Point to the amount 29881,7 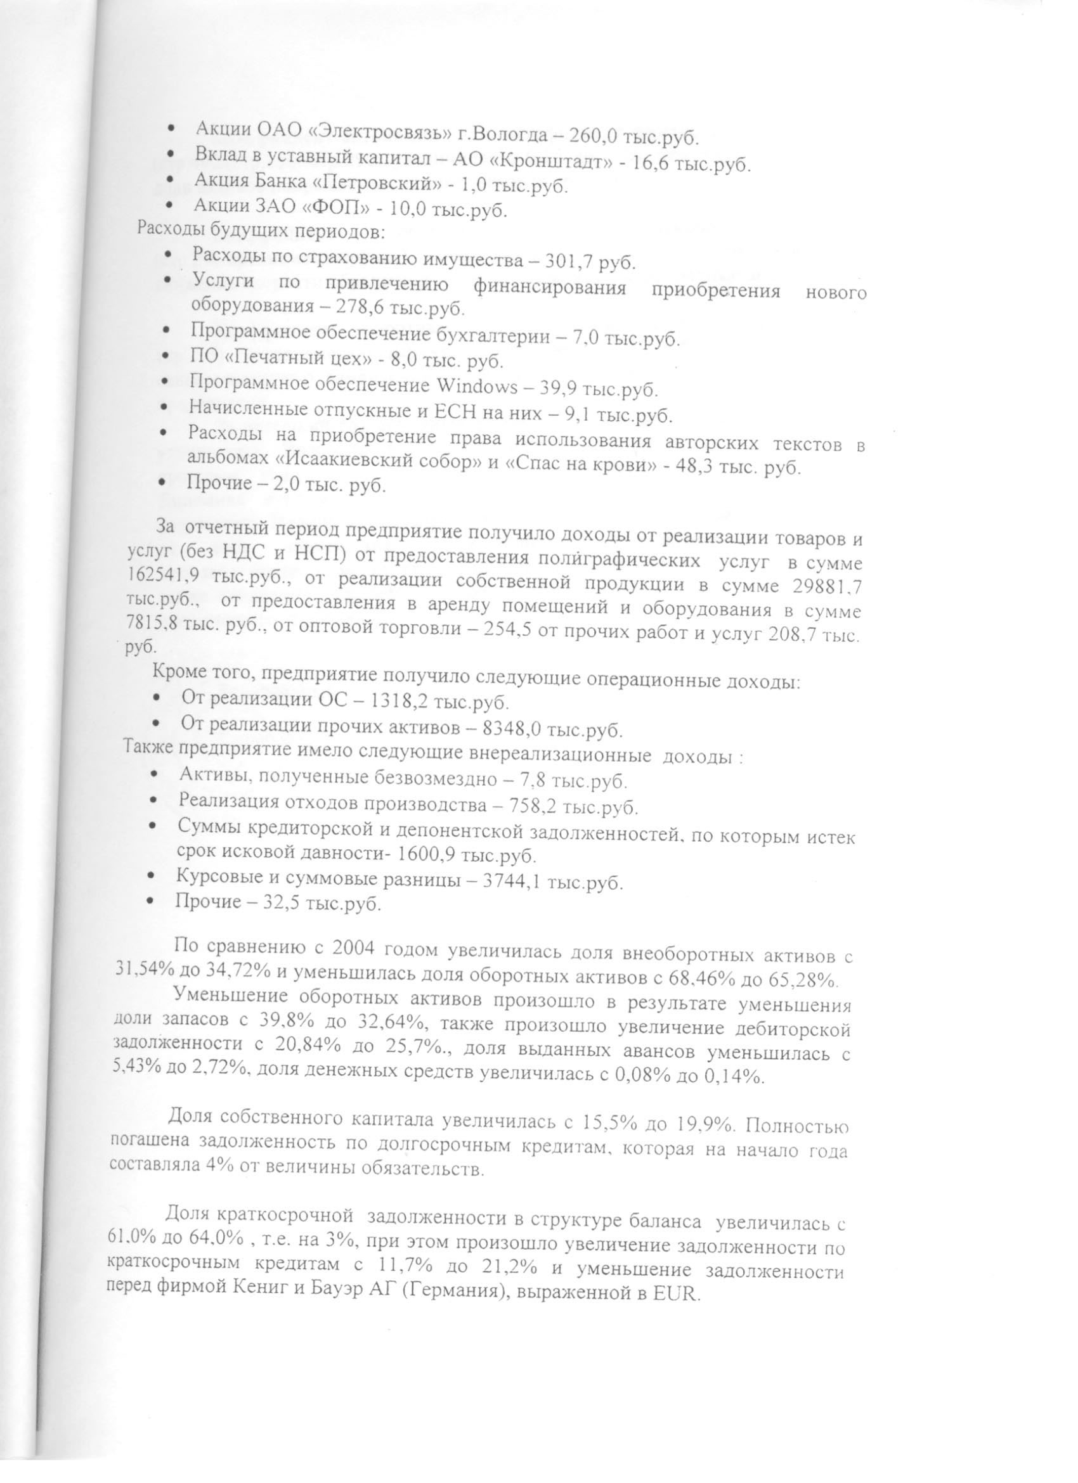(x=828, y=587)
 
